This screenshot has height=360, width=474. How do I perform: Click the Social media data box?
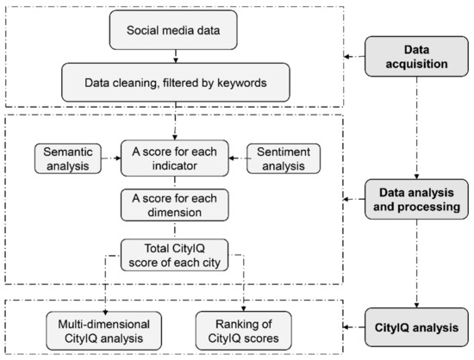click(x=173, y=30)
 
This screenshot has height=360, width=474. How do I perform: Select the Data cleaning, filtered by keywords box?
click(x=176, y=83)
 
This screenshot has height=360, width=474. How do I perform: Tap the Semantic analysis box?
click(x=68, y=158)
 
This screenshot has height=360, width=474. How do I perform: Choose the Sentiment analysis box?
click(x=284, y=158)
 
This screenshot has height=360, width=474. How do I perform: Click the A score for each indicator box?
click(x=174, y=158)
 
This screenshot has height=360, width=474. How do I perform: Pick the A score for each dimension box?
click(x=174, y=205)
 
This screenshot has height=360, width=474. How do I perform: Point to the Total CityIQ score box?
click(x=174, y=255)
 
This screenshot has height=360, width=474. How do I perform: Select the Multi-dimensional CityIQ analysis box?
click(x=103, y=331)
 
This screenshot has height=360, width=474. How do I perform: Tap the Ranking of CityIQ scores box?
click(x=243, y=331)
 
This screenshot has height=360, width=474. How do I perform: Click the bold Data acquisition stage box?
click(x=416, y=57)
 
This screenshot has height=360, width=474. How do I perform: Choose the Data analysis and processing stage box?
click(x=416, y=199)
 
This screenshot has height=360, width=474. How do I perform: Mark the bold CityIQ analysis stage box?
click(x=416, y=327)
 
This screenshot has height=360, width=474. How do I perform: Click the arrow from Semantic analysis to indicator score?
click(x=111, y=158)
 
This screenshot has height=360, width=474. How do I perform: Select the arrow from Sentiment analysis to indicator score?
click(x=238, y=158)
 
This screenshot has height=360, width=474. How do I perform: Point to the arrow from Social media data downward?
click(x=176, y=57)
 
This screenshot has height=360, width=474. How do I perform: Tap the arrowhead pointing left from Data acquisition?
click(x=346, y=57)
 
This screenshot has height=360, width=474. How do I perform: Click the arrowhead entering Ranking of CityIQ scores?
click(x=243, y=308)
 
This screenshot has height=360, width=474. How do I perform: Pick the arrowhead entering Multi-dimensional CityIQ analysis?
click(x=105, y=313)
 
